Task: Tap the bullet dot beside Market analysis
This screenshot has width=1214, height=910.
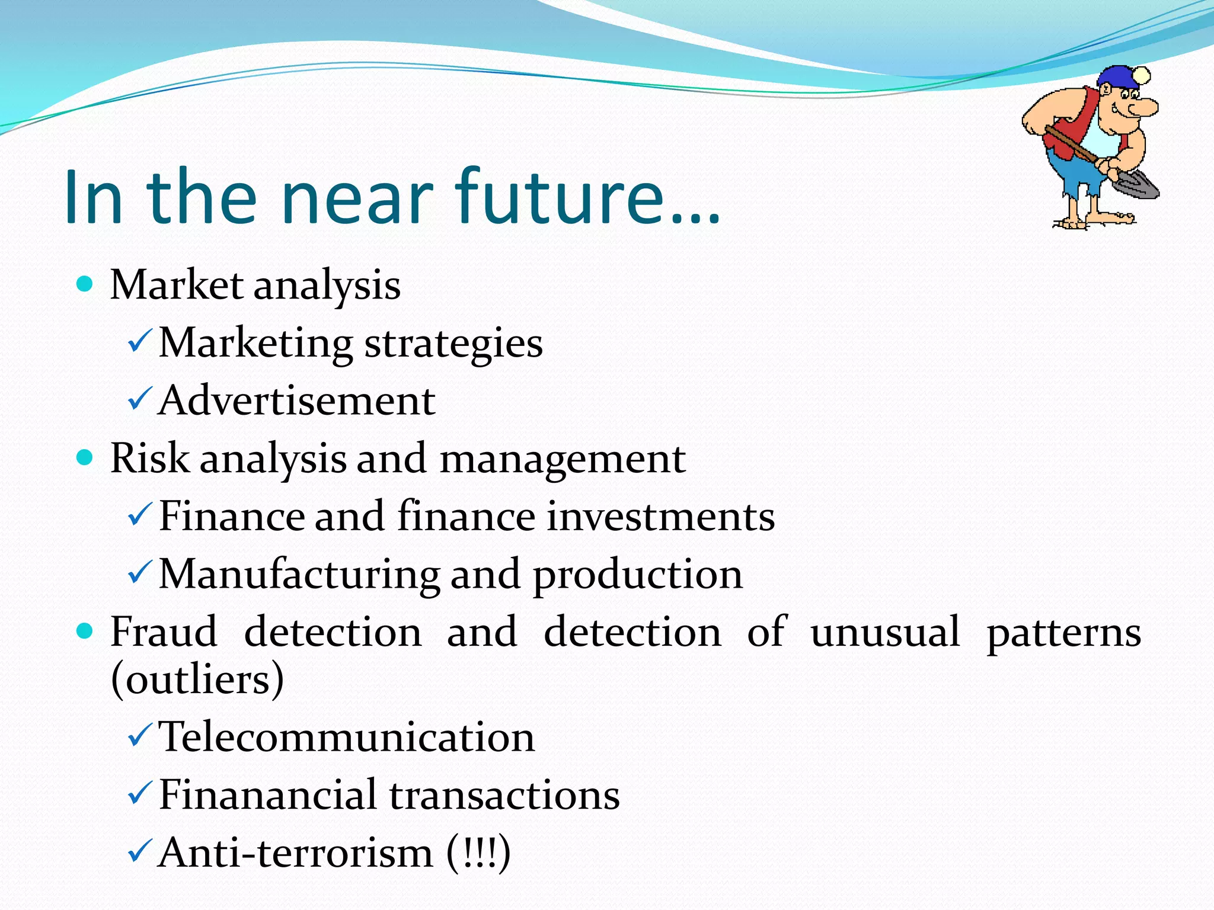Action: [85, 284]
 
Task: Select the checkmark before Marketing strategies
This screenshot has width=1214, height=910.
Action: [140, 342]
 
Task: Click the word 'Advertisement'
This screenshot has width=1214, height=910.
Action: [297, 400]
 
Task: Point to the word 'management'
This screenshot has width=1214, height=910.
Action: [563, 459]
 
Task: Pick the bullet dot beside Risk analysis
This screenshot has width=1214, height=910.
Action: [85, 457]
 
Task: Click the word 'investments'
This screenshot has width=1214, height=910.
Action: [660, 515]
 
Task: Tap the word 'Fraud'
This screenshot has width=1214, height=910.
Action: [164, 632]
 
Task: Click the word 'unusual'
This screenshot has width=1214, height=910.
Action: [884, 632]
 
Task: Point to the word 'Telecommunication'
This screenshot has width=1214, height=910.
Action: [347, 737]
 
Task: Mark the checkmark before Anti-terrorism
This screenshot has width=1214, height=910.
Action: [140, 852]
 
